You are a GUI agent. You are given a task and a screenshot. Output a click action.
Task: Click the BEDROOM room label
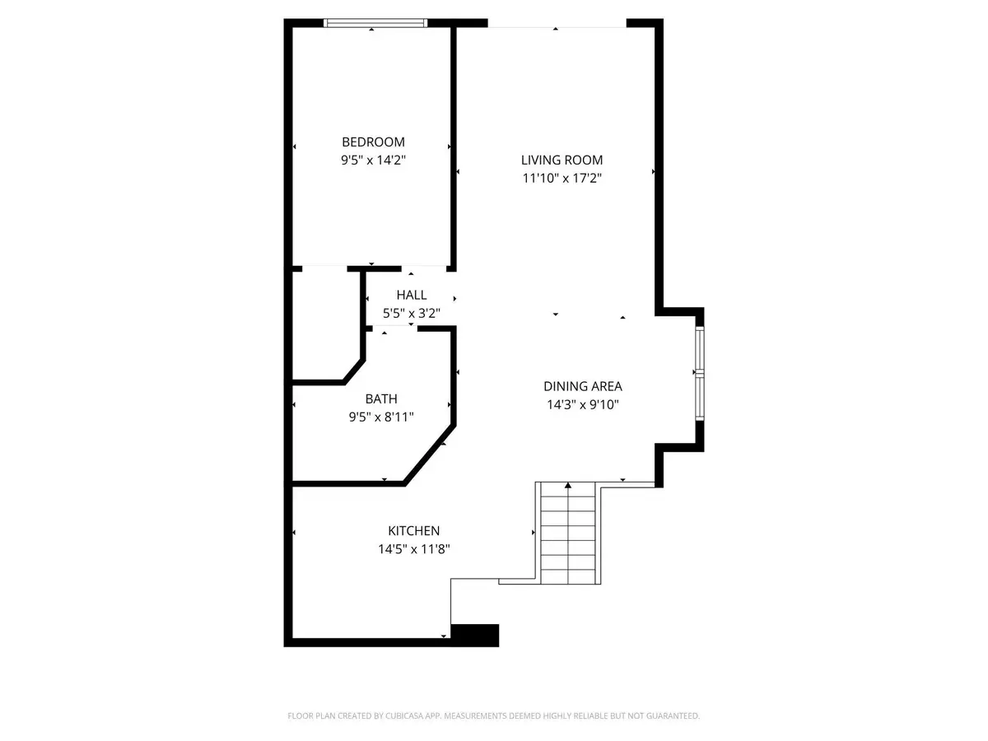click(373, 142)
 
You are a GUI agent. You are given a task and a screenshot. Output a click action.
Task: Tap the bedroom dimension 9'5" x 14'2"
click(373, 161)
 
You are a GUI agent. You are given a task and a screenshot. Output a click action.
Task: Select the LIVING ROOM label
click(562, 160)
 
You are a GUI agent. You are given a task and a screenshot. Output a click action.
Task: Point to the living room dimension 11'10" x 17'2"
click(562, 179)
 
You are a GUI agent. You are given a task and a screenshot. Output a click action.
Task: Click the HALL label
click(412, 295)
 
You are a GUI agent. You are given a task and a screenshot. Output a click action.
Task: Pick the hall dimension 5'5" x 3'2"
click(412, 313)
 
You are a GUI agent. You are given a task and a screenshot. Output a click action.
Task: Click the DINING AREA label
click(582, 385)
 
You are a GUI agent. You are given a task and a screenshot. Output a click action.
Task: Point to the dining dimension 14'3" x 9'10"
click(582, 404)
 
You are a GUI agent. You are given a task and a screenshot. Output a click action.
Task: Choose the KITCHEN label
click(413, 531)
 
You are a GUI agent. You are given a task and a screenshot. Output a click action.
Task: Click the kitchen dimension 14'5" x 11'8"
click(413, 549)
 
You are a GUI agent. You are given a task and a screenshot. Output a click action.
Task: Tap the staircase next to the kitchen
click(568, 535)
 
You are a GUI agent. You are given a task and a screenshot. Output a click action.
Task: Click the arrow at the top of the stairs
click(568, 487)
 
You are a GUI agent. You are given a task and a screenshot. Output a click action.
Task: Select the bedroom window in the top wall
click(375, 23)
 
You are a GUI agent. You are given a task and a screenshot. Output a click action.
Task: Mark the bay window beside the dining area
click(700, 375)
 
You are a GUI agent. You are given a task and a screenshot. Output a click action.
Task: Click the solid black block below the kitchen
click(476, 635)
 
